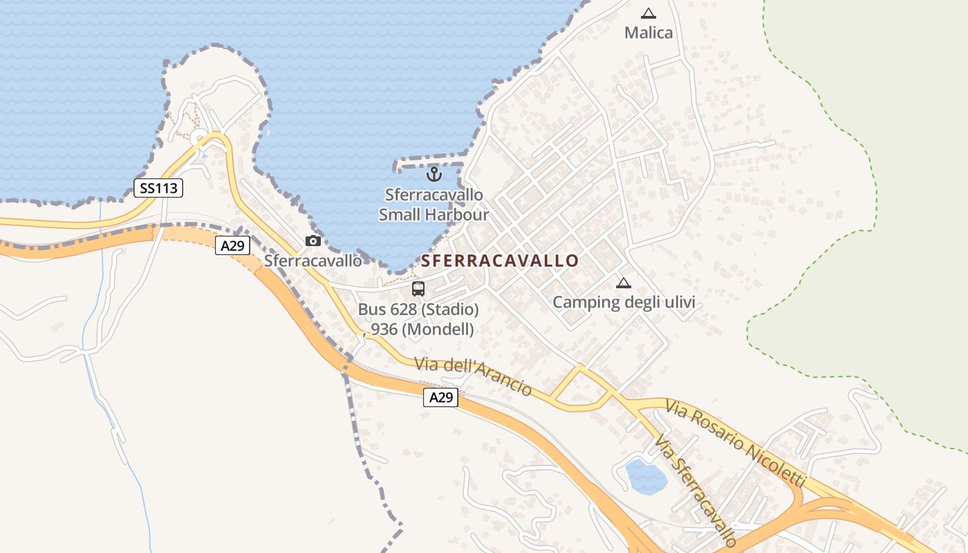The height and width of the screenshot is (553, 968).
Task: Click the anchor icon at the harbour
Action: coord(434,174)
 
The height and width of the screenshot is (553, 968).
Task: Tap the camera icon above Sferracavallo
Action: coord(313,241)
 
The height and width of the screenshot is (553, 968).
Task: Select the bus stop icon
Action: coord(418,289)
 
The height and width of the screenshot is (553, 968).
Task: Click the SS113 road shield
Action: coord(158,187)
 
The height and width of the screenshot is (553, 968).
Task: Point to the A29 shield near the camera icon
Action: coord(232,245)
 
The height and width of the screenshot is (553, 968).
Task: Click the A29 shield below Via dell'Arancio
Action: coord(440,397)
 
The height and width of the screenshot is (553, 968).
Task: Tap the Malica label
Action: coord(648,32)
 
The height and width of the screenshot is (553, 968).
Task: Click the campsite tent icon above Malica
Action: coord(648,13)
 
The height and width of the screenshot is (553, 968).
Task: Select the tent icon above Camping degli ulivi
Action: coord(624,283)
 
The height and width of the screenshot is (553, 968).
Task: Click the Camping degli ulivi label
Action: coord(624,302)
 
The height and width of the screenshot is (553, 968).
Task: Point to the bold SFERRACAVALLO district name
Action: coord(500,261)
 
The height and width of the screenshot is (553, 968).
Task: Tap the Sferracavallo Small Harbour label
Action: coord(434,205)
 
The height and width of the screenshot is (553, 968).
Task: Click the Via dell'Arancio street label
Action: coord(473,376)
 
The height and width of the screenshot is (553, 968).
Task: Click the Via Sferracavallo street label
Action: coord(696,491)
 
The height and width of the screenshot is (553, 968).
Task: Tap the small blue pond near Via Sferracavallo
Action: coord(646,476)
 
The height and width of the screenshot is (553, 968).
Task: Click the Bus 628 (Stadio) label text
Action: coord(418,309)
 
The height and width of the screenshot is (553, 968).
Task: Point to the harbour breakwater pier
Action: coord(429,164)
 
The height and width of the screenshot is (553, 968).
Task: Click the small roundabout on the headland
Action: coord(199,136)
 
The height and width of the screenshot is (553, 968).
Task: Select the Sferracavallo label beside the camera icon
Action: coord(313,261)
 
